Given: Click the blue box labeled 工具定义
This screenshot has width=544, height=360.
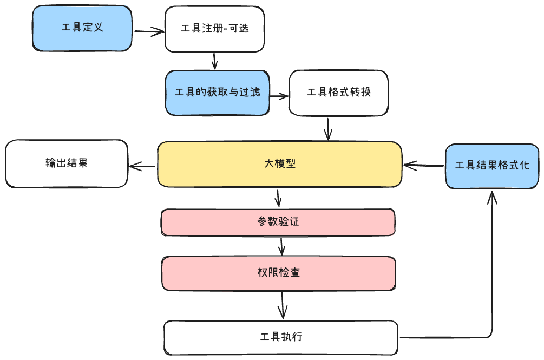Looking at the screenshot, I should pyautogui.click(x=82, y=28).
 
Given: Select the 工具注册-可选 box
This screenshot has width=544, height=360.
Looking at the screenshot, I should pyautogui.click(x=214, y=29).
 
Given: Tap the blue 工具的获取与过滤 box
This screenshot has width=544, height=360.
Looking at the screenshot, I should pyautogui.click(x=217, y=93).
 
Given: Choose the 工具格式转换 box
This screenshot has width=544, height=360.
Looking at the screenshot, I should pyautogui.click(x=338, y=93).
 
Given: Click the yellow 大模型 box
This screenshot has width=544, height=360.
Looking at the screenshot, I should pyautogui.click(x=279, y=165).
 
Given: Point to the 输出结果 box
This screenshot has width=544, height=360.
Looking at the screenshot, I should pyautogui.click(x=67, y=164).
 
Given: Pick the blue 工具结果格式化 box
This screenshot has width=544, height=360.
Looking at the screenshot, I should pyautogui.click(x=492, y=166).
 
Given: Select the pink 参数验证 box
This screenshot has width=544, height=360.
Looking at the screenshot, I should pyautogui.click(x=278, y=222).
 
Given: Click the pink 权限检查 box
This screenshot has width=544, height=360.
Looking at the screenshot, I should pyautogui.click(x=278, y=273).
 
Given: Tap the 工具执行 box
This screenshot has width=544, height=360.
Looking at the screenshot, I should pyautogui.click(x=281, y=337).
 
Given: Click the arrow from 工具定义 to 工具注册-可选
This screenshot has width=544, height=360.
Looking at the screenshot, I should pyautogui.click(x=148, y=31).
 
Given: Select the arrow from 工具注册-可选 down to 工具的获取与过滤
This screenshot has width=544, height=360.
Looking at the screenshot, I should pyautogui.click(x=215, y=61).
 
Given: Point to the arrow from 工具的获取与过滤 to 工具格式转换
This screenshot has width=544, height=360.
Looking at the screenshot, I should pyautogui.click(x=279, y=96).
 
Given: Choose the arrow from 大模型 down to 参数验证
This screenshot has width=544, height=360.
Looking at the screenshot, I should pyautogui.click(x=278, y=198).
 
